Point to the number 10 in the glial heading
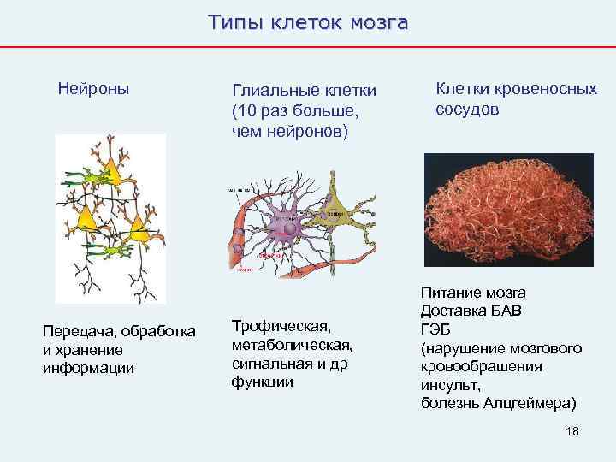(243, 111)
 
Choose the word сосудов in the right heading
(468, 110)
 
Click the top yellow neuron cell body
(109, 173)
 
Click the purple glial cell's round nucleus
(292, 228)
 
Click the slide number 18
(572, 430)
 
